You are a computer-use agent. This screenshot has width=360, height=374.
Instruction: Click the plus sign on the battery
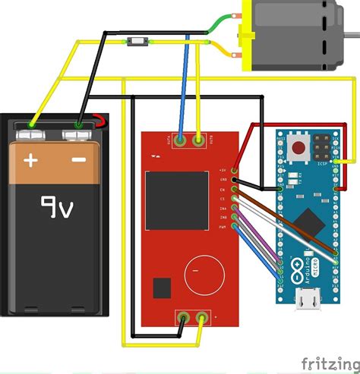(30, 160)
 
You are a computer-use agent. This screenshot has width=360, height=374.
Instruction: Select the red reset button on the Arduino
(300, 146)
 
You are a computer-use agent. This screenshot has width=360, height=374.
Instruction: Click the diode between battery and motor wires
(138, 40)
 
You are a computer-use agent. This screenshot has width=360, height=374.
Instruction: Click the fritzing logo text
(327, 361)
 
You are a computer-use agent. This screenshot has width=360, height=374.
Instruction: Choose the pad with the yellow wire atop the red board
(199, 140)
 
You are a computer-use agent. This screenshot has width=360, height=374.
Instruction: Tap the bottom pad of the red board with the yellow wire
(202, 318)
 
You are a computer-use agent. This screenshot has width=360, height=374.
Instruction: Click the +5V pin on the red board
(235, 170)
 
